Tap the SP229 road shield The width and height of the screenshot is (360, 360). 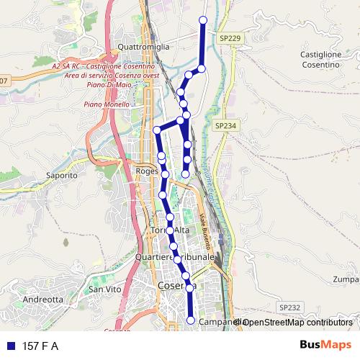(230, 38)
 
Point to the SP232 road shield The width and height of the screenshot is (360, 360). (289, 307)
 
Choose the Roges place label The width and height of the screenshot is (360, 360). (147, 171)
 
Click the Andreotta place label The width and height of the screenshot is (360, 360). (43, 299)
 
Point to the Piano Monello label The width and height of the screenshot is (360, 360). (107, 104)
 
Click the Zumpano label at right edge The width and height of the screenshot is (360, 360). (347, 279)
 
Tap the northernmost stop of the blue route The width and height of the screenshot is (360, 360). (202, 19)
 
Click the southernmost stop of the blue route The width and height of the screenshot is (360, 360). (191, 320)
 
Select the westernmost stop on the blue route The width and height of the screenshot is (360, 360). (156, 130)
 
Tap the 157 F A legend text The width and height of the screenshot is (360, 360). (40, 346)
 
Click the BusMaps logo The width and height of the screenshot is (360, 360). (326, 346)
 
